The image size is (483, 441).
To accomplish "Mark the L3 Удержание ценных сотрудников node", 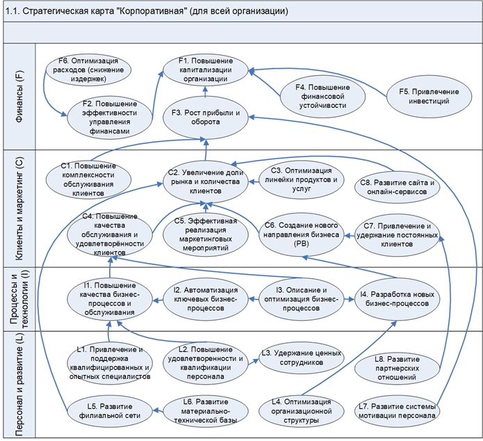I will tap(303, 358).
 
